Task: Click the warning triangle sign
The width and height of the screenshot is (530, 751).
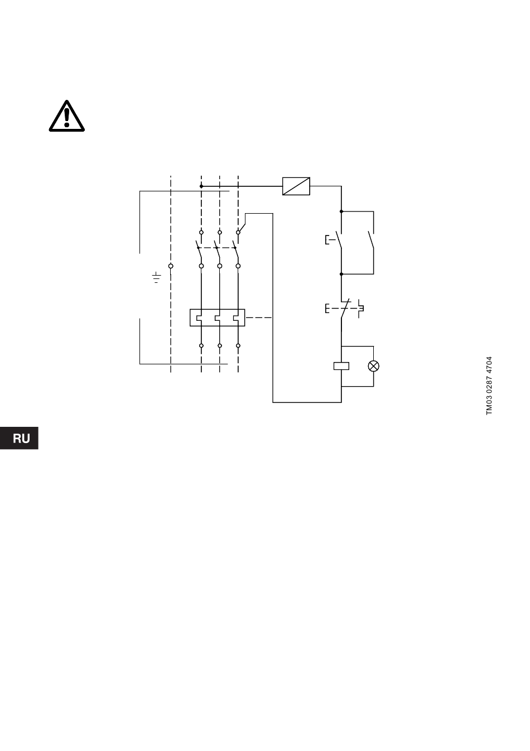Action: (66, 116)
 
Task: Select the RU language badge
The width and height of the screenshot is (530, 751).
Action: (21, 439)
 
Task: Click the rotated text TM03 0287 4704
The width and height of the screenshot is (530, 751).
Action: (489, 386)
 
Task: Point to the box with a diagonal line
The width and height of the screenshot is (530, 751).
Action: (296, 186)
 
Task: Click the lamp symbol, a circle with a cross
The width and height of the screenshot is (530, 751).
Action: (374, 366)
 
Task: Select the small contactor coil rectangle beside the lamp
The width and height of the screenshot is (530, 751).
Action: (341, 366)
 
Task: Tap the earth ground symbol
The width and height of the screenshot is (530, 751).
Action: (157, 277)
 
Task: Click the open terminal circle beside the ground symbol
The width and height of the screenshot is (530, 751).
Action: (171, 266)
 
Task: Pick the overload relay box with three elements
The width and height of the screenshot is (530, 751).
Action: (218, 317)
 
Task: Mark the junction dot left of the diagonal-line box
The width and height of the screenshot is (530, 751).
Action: (201, 186)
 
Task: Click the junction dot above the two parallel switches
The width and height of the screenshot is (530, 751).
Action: (341, 212)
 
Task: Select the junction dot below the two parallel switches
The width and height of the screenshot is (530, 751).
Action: (341, 274)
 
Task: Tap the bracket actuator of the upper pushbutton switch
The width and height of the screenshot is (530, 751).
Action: (328, 240)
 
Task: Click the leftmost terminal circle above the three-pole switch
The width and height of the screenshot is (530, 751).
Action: (201, 232)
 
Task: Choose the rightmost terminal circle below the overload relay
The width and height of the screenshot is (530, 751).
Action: (238, 345)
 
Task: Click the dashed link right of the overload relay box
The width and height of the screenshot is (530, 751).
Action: (259, 317)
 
